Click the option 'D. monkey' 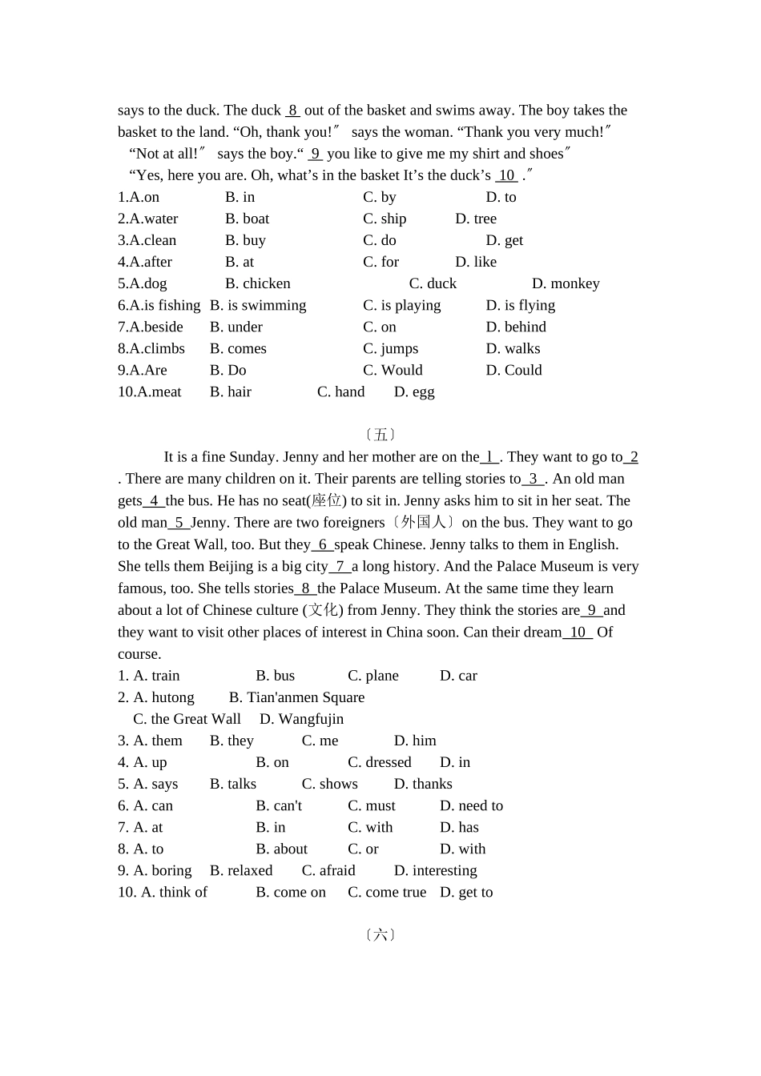tap(566, 283)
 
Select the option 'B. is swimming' tap(258, 305)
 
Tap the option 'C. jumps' tap(390, 348)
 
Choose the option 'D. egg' tap(414, 391)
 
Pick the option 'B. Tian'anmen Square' tap(296, 697)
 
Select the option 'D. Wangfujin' tap(302, 719)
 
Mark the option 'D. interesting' tap(435, 870)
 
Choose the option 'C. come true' tap(387, 892)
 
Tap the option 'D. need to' tap(471, 805)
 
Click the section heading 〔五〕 tap(380, 435)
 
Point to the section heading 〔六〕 tap(380, 934)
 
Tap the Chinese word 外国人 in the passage tap(425, 522)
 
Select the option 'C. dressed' tap(379, 762)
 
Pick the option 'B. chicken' tap(258, 283)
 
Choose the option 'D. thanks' tap(423, 784)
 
